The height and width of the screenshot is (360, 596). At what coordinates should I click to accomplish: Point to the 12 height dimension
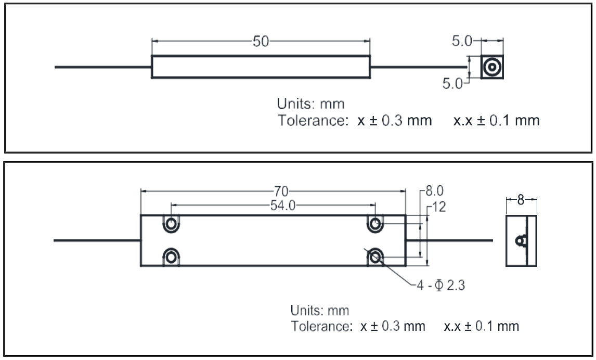click(x=438, y=207)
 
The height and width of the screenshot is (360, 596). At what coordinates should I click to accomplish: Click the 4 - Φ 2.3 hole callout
click(x=442, y=286)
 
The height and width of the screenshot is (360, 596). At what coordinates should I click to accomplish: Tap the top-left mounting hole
click(x=171, y=224)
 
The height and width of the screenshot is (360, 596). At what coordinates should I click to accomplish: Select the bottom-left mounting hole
click(x=171, y=255)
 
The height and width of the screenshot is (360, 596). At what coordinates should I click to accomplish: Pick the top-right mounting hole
click(x=375, y=224)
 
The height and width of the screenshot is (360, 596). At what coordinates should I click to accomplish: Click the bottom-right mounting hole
click(x=375, y=255)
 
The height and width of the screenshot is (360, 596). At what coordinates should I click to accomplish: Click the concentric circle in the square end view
click(x=491, y=67)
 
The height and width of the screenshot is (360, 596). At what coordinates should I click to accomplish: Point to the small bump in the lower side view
click(x=519, y=240)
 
